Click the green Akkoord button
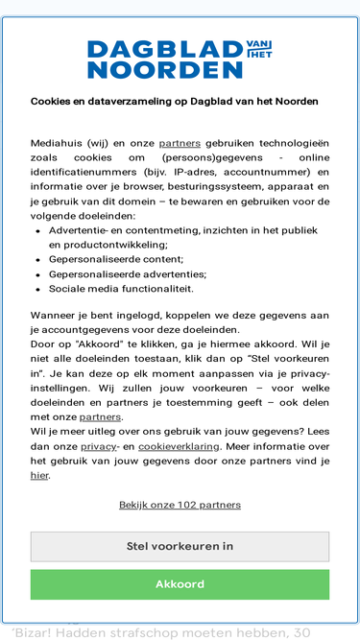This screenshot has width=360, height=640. click(x=180, y=584)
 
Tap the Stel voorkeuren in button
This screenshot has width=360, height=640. click(x=180, y=546)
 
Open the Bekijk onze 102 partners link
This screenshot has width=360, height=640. click(x=180, y=505)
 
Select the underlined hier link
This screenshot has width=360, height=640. click(x=39, y=474)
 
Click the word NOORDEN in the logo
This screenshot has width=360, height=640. click(x=164, y=69)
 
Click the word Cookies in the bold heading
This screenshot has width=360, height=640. click(x=51, y=101)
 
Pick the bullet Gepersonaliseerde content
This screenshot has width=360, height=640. click(x=115, y=259)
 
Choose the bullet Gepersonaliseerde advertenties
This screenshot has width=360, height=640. click(x=127, y=273)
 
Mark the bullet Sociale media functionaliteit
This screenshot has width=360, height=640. click(x=121, y=288)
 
